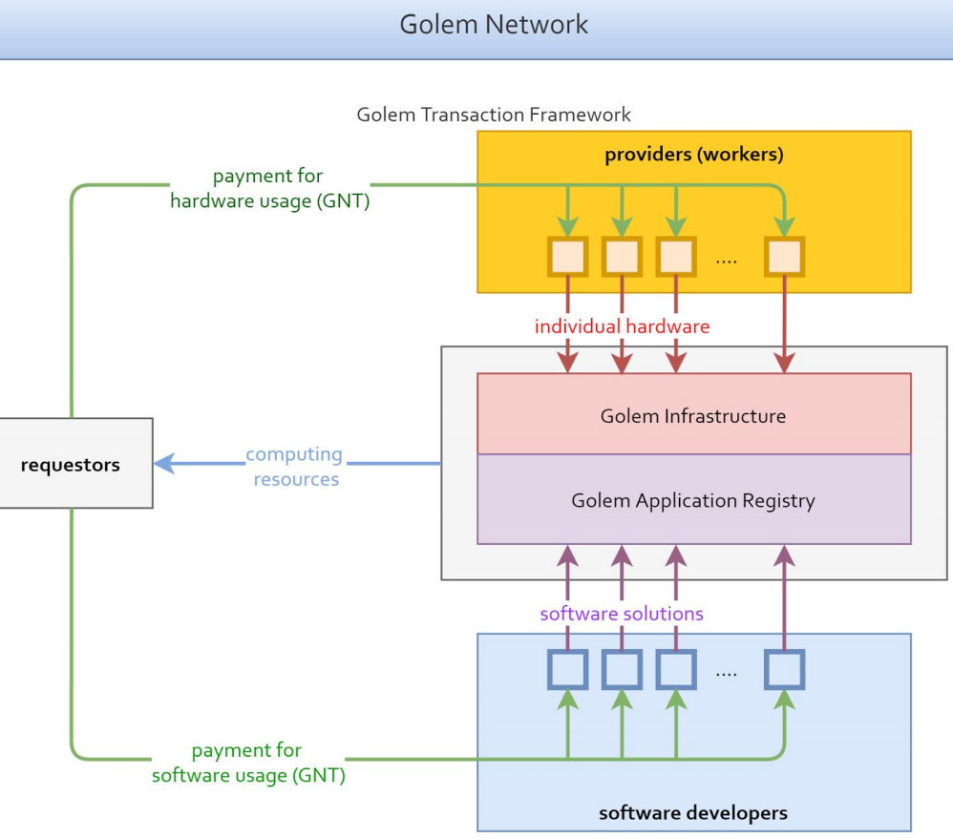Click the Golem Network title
(494, 25)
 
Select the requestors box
(72, 466)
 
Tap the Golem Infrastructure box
(693, 415)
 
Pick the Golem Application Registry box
(693, 500)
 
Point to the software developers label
(693, 813)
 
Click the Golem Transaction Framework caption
(494, 115)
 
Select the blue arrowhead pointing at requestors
(164, 464)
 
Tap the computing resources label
(295, 467)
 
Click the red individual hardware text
(622, 326)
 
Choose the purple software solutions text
(622, 614)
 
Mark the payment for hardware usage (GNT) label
(268, 188)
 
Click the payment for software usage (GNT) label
(247, 763)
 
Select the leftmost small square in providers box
(568, 257)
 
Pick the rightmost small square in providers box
(785, 257)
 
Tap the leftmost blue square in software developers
(568, 670)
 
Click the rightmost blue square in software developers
(785, 670)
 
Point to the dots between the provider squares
(727, 261)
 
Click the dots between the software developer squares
(727, 674)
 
